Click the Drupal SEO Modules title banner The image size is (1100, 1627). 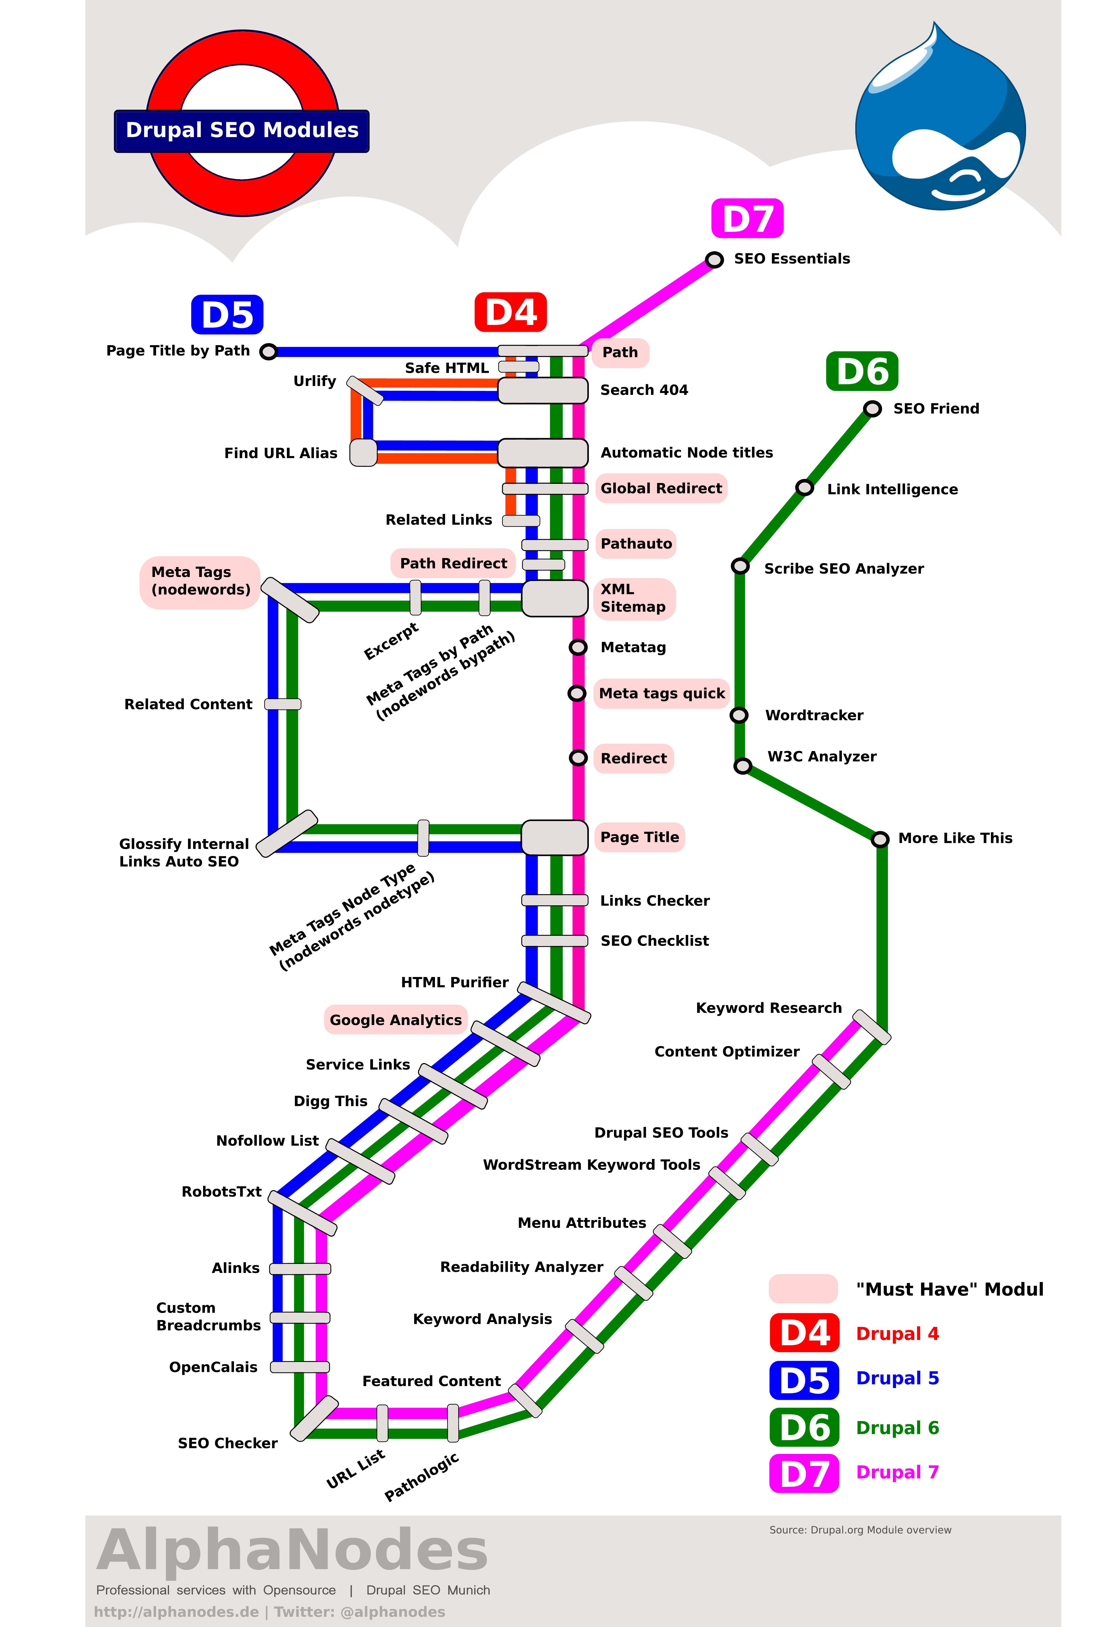(x=242, y=131)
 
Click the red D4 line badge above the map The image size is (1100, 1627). (x=510, y=312)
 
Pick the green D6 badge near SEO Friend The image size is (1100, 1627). (x=862, y=371)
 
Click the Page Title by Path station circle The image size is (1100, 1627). (x=268, y=351)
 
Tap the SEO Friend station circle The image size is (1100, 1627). (x=872, y=409)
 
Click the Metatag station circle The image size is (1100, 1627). (x=578, y=648)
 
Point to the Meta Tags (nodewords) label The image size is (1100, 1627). (x=200, y=581)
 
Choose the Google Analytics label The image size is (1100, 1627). (x=396, y=1020)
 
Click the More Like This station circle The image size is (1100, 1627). (x=880, y=839)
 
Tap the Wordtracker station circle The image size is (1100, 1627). (x=739, y=715)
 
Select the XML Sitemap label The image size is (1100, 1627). (x=634, y=599)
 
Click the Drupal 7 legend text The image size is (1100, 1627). (x=897, y=1472)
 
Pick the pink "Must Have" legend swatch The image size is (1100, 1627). (x=803, y=1289)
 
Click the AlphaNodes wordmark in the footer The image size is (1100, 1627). (x=292, y=1551)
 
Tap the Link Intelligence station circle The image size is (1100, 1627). (x=805, y=488)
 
